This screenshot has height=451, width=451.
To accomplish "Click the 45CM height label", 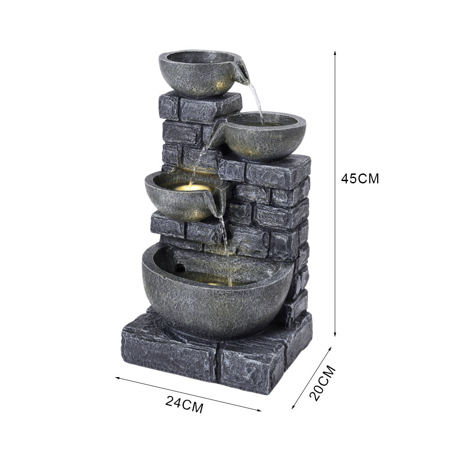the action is [360, 178].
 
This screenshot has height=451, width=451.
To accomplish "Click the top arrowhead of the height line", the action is [335, 53].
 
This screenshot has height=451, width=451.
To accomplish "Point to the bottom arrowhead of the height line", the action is [335, 334].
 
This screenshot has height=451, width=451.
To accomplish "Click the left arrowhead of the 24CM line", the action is [118, 378].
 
